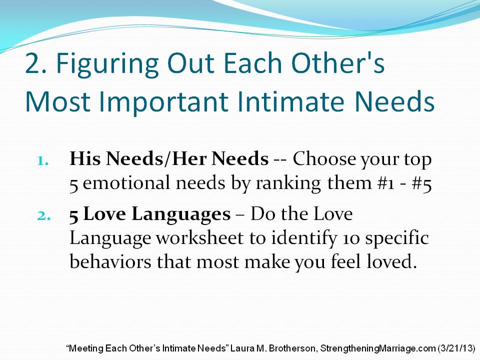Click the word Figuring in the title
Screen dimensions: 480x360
(107, 65)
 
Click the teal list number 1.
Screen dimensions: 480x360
(43, 161)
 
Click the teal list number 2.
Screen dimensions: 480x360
(44, 216)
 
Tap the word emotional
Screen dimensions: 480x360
(126, 183)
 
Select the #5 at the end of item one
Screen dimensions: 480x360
(422, 183)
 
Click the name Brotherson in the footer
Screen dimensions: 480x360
(292, 348)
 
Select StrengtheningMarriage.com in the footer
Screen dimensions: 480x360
(378, 348)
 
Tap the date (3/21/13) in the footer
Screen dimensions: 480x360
(456, 348)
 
